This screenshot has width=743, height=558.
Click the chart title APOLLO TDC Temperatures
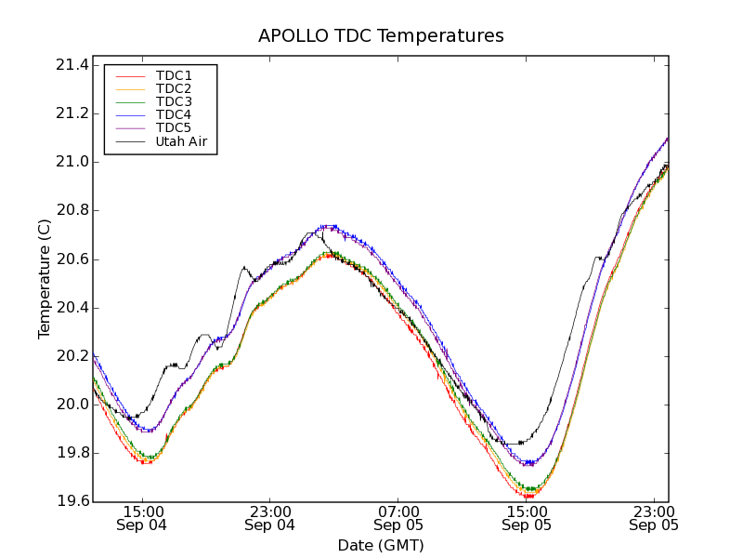tap(381, 36)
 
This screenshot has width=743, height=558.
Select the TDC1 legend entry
tap(174, 75)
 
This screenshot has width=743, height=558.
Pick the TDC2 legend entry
tap(174, 88)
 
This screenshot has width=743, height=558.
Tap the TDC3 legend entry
tap(174, 102)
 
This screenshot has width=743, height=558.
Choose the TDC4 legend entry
tap(174, 115)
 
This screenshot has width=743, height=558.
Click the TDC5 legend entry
tap(174, 128)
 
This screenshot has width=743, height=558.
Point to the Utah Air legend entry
tap(181, 142)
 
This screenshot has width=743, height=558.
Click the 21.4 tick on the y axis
tap(72, 65)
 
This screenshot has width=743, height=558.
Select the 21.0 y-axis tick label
tap(72, 162)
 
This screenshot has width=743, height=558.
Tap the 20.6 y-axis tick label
tap(72, 259)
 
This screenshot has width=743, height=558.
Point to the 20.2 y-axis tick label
tap(72, 356)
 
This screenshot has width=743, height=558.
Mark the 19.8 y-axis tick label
tap(72, 453)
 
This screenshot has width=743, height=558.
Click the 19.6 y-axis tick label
tap(72, 501)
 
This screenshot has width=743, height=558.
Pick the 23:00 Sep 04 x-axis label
tap(270, 518)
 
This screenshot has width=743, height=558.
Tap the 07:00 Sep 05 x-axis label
tap(398, 518)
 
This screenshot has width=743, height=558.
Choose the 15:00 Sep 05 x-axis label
tap(527, 518)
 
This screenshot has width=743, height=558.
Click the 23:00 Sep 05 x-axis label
tap(655, 518)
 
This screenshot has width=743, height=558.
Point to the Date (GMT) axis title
tap(381, 545)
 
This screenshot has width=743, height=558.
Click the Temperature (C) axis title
tap(45, 279)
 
